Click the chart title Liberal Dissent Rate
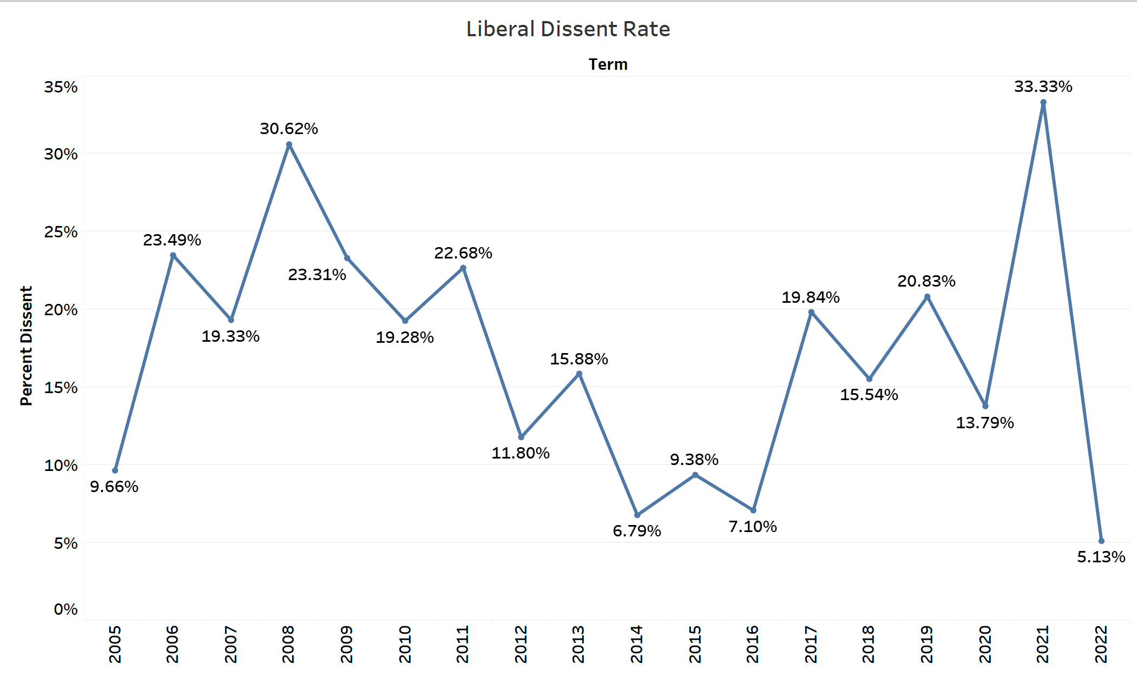(568, 29)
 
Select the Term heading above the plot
(608, 64)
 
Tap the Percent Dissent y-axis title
(27, 346)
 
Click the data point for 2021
(1043, 102)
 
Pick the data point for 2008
(289, 144)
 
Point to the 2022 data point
(1101, 541)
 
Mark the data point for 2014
(637, 515)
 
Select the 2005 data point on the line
(115, 470)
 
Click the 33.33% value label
(1043, 87)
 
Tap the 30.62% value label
(289, 129)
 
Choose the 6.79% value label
(637, 531)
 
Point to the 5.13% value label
(1101, 557)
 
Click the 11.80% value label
(521, 453)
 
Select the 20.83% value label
(926, 281)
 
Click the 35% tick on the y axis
(61, 87)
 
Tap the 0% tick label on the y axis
(65, 609)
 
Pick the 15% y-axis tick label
(61, 388)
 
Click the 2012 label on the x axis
(521, 644)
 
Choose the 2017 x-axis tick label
(811, 644)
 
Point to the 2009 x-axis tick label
(346, 644)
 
